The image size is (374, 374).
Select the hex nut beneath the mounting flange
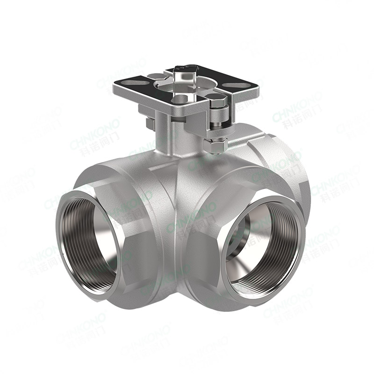pos(216,146)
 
